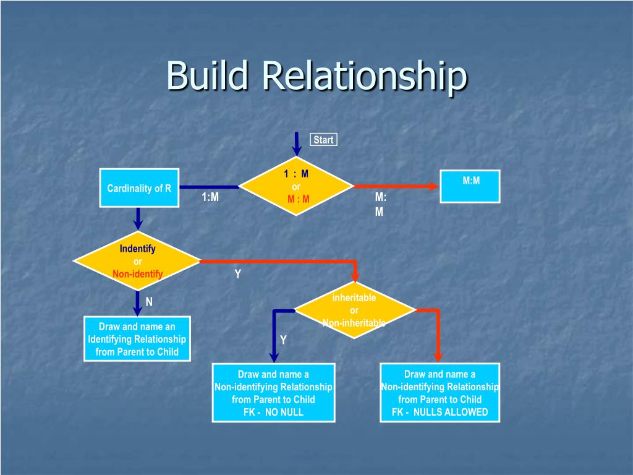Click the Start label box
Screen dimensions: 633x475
point(323,140)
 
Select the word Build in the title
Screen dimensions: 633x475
point(207,75)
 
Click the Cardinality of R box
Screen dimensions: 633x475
point(139,188)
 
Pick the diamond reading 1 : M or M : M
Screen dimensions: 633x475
point(296,186)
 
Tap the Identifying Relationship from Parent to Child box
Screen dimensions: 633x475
point(137,339)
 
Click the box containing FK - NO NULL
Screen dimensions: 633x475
point(273,393)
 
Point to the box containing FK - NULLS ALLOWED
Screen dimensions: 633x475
point(440,393)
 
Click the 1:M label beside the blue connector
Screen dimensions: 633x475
point(210,197)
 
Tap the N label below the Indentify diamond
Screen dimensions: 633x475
point(149,302)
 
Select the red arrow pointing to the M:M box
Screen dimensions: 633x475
point(396,186)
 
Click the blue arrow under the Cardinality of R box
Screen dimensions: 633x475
point(138,218)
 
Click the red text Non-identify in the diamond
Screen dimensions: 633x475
point(137,274)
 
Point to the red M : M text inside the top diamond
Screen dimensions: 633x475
point(298,199)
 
